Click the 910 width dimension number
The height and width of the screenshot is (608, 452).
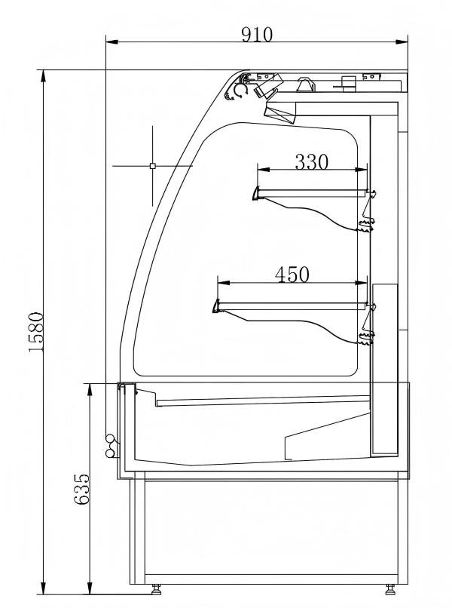257,34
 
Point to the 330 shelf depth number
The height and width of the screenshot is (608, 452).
311,161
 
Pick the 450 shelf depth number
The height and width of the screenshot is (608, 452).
292,275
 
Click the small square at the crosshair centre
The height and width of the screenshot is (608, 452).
152,165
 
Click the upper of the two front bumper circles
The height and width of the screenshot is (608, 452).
110,438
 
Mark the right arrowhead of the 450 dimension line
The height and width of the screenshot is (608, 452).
365,284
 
